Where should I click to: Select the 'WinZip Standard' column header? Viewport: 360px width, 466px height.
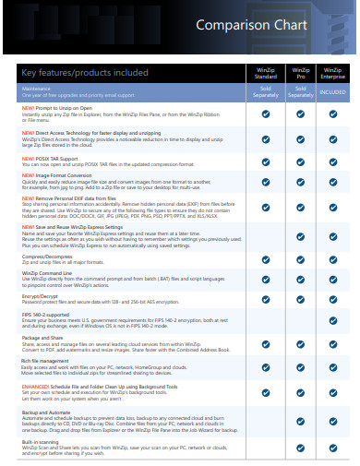(266, 72)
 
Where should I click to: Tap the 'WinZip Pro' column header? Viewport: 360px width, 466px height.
(299, 72)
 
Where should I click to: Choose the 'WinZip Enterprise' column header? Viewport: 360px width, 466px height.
(332, 72)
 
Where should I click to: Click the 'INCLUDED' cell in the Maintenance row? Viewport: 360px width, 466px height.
(332, 92)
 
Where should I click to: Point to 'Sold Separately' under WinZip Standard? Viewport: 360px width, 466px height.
(266, 92)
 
